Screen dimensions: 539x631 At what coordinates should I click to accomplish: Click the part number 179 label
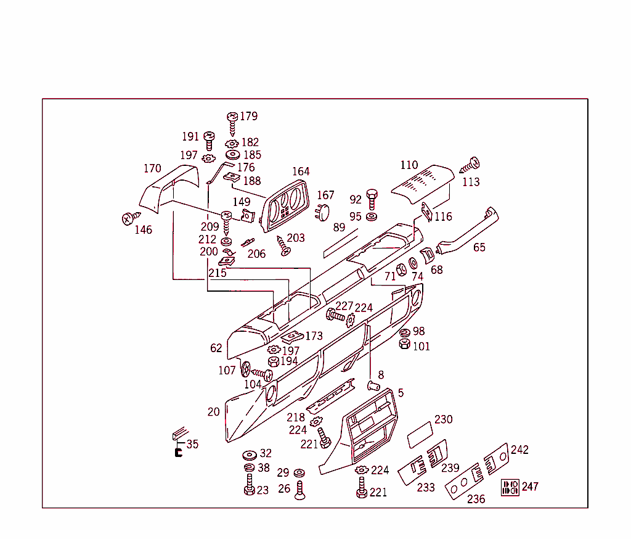point(249,116)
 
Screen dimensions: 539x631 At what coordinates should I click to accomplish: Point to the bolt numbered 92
point(372,199)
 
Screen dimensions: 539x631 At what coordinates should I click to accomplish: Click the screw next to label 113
point(470,165)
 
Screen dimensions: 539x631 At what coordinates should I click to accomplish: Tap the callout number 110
point(409,165)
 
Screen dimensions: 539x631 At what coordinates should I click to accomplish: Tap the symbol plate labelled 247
point(510,487)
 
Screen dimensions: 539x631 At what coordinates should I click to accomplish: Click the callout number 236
point(476,500)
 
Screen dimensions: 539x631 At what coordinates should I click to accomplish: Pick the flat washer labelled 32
point(250,455)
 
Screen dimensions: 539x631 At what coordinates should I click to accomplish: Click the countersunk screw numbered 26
point(299,491)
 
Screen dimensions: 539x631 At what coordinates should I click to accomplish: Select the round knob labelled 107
point(245,369)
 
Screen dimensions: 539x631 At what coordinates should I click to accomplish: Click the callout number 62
point(216,348)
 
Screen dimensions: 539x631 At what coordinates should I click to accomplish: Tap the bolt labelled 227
point(336,315)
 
